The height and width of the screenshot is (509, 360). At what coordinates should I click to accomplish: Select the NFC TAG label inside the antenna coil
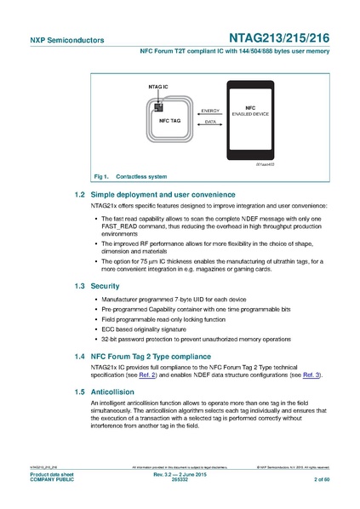[169, 120]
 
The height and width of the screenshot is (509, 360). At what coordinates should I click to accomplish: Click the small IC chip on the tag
[157, 106]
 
